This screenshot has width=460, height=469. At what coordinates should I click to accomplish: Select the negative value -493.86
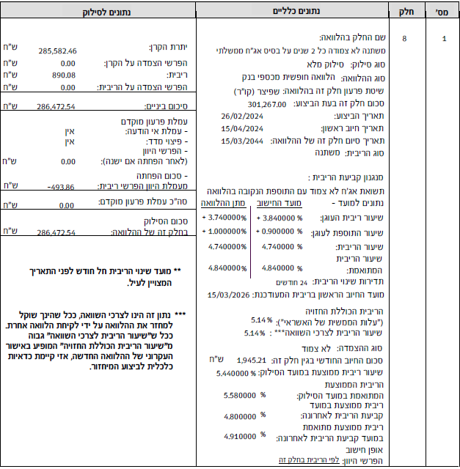tap(61, 187)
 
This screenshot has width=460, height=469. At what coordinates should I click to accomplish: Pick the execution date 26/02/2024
tap(241, 116)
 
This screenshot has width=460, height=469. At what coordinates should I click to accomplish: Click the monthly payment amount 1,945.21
tap(255, 361)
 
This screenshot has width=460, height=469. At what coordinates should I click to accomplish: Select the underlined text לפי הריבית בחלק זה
tap(251, 459)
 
